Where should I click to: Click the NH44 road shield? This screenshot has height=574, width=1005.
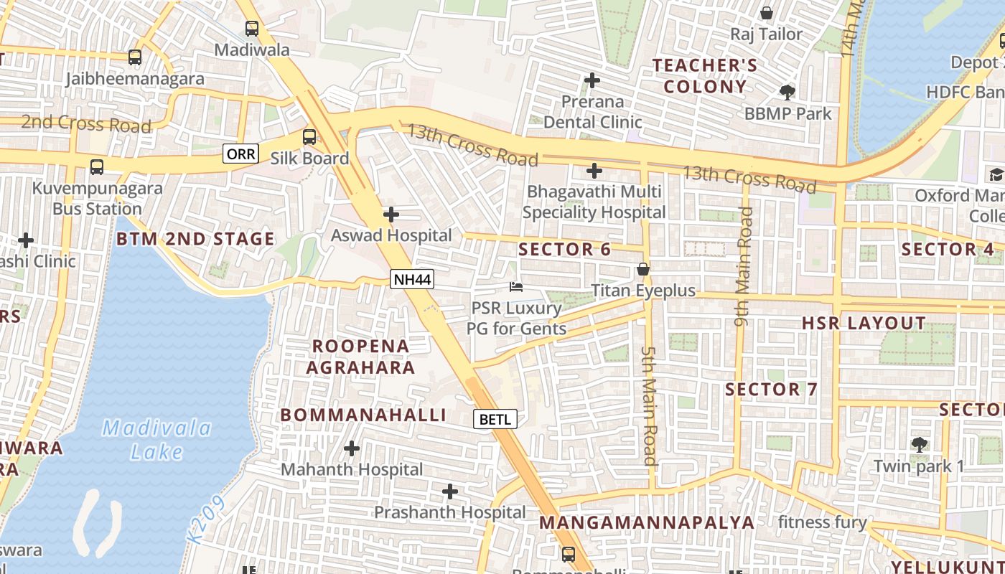412,279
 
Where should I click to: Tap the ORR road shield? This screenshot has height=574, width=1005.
240,154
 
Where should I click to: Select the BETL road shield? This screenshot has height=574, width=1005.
495,419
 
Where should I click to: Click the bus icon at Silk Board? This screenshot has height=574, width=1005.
309,136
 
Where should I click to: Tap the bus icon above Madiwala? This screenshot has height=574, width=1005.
252,29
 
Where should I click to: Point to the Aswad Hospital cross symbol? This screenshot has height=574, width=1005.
391,215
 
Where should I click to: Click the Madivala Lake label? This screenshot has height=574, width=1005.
156,440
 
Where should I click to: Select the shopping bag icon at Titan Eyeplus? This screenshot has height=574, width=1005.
643,269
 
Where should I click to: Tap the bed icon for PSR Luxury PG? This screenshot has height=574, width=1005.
516,287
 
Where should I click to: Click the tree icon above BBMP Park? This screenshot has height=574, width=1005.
787,92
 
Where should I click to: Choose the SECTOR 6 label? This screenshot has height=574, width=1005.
564,250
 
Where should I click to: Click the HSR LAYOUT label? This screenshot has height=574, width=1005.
864,323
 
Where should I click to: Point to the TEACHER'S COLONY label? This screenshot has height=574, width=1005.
705,76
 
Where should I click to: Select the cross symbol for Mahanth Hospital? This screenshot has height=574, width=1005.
352,449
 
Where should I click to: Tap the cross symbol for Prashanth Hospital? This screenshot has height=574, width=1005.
450,491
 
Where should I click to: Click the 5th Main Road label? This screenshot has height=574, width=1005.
649,405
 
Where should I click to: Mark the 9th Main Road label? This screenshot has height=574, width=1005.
744,266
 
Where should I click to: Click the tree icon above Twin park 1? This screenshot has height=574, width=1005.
919,445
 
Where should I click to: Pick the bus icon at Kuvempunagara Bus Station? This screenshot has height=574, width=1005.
97,167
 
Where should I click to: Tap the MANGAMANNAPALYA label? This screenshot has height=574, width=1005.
647,522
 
